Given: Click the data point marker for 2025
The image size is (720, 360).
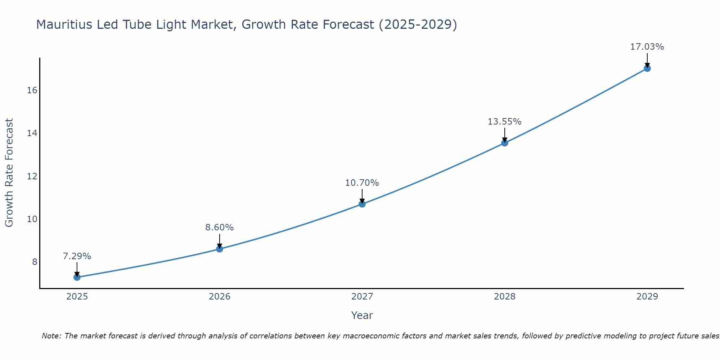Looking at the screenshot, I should point(77,277).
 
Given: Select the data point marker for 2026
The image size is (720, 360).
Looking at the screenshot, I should point(220,249).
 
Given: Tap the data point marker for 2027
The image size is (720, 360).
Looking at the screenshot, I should point(362,204).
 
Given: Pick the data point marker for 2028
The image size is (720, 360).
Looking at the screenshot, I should point(505,143).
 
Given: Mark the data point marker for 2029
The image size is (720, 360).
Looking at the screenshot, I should point(647,68).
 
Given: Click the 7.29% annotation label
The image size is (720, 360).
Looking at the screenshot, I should point(77,256).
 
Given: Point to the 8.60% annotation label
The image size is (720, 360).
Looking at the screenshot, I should point(220,228).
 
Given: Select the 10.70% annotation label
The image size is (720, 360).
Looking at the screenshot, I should point(362,183).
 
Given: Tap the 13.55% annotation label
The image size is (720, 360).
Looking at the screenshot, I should point(505,122).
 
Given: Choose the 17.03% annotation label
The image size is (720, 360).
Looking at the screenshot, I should point(647,47).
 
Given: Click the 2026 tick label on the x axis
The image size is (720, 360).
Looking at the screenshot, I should point(220,297).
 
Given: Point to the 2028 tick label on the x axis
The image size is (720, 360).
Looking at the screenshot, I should point(505,297).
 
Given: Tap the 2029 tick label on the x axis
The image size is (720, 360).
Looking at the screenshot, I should point(647,297).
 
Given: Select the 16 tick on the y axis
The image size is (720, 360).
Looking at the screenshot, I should point(32,90).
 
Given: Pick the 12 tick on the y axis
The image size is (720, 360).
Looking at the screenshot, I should point(32,176).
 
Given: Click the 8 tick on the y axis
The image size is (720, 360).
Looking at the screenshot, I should point(35,262).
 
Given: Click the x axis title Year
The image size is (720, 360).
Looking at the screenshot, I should point(362,315).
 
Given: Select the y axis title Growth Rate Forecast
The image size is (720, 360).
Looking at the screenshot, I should point(9,173).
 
